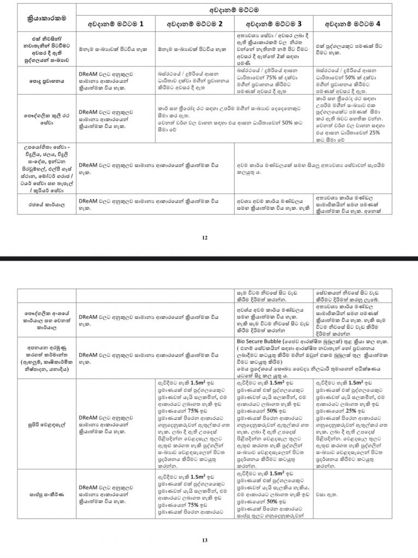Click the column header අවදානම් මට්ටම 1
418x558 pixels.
click(116, 24)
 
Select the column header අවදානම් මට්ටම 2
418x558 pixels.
click(194, 24)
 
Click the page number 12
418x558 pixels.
click(203, 238)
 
